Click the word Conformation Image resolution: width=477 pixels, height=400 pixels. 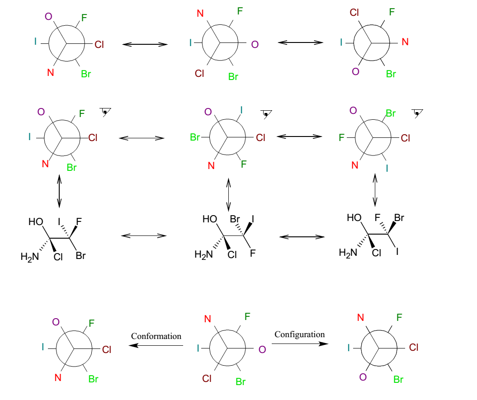coord(156,336)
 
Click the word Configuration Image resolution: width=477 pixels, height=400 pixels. coord(300,334)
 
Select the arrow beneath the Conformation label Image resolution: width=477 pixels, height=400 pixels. coord(156,345)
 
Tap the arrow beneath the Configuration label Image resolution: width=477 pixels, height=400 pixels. coord(300,344)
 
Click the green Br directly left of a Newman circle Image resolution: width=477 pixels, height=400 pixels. coord(195,137)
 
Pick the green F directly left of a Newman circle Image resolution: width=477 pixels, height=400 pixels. coord(342,137)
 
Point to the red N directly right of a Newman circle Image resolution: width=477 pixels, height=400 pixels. coord(405,42)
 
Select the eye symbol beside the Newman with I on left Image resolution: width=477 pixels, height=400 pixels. coord(106,112)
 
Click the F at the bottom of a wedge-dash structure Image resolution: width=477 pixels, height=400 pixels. coord(253,254)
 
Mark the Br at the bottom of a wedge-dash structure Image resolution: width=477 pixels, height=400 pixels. coord(80,256)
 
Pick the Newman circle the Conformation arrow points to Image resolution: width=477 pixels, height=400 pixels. coord(74,349)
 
